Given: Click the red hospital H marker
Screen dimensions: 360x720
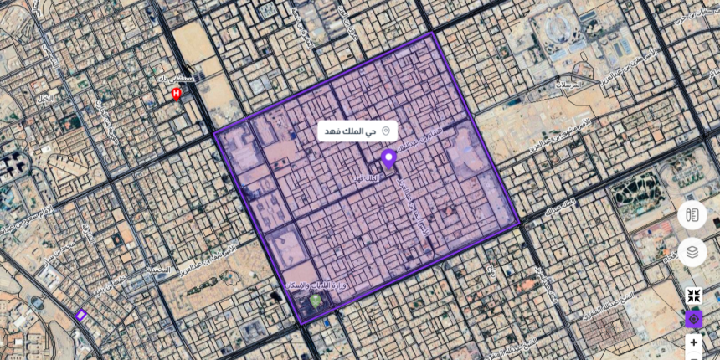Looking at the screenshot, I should (x=176, y=94).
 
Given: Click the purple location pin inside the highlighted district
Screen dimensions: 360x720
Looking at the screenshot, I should (x=388, y=158).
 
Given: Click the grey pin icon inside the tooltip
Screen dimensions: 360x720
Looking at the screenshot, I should (x=386, y=131).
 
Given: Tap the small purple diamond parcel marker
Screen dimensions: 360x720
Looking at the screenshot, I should (x=81, y=316).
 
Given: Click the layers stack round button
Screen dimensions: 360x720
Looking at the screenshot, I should (x=692, y=251).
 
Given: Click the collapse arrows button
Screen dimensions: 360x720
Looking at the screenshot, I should (x=693, y=296).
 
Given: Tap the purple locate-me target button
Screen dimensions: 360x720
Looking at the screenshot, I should (x=693, y=319).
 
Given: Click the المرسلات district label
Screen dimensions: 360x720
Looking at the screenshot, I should (x=571, y=84).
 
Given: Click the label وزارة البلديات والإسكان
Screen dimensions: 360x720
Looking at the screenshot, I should (x=316, y=286).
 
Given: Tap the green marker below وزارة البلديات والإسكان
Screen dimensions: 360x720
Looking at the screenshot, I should (x=316, y=300).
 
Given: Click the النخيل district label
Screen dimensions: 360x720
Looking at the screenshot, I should (x=44, y=98).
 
